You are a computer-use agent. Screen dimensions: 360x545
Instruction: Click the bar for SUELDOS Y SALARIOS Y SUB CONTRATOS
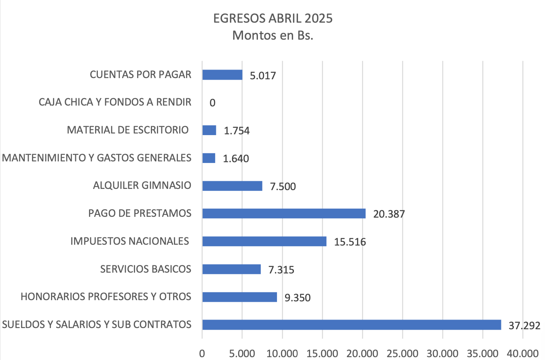click(351, 324)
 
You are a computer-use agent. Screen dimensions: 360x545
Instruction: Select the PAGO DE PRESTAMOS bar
click(284, 213)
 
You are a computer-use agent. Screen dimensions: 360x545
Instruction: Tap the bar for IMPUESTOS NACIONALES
click(264, 241)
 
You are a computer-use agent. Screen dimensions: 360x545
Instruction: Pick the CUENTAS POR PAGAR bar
click(222, 75)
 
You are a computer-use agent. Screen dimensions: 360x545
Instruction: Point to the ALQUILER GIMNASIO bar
click(232, 186)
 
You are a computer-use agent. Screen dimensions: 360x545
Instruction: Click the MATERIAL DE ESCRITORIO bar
click(209, 130)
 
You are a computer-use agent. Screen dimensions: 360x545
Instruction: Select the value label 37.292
click(524, 326)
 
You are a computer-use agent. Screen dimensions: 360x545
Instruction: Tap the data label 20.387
click(389, 214)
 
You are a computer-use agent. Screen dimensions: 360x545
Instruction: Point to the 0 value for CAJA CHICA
click(212, 103)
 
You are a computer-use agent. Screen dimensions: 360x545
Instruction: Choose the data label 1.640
click(236, 159)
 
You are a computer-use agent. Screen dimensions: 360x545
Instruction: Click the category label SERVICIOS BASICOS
click(146, 269)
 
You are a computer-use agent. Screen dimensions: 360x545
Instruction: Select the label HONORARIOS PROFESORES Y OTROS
click(106, 296)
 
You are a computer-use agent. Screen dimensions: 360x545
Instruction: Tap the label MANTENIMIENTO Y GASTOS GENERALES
click(97, 158)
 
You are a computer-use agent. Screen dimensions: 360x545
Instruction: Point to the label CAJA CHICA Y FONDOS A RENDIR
click(115, 102)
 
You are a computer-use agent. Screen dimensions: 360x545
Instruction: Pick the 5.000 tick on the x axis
click(242, 353)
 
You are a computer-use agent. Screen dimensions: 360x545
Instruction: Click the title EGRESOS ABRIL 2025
click(273, 19)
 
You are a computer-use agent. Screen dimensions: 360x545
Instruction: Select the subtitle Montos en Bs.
click(273, 36)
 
